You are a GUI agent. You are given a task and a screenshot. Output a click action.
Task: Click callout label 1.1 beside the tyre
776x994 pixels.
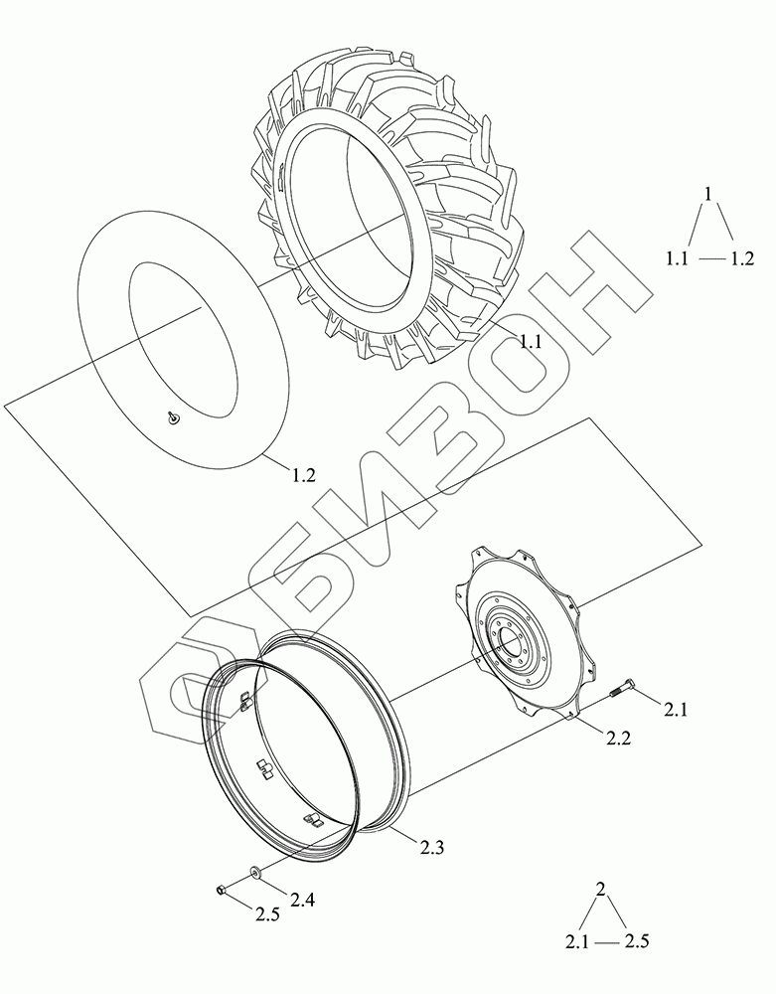531,342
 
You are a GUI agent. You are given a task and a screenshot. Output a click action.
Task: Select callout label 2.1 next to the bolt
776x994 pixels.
676,710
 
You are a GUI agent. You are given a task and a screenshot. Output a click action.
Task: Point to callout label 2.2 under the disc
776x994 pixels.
618,738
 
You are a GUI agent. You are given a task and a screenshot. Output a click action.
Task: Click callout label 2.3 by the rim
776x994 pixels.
431,846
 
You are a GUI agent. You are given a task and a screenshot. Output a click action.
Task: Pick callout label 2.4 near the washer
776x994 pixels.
301,899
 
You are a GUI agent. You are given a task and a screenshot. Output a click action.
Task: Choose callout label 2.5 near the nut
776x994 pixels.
267,914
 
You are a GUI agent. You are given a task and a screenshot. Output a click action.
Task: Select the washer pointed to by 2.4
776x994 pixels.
256,874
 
